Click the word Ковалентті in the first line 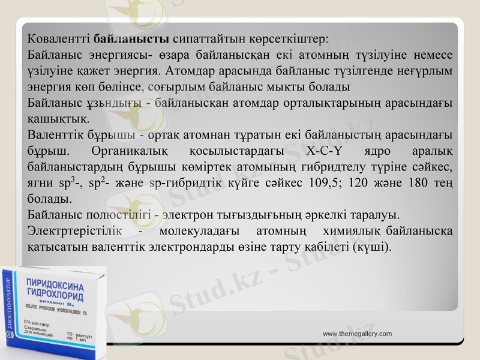coord(59,40)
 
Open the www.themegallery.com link coord(357,334)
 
